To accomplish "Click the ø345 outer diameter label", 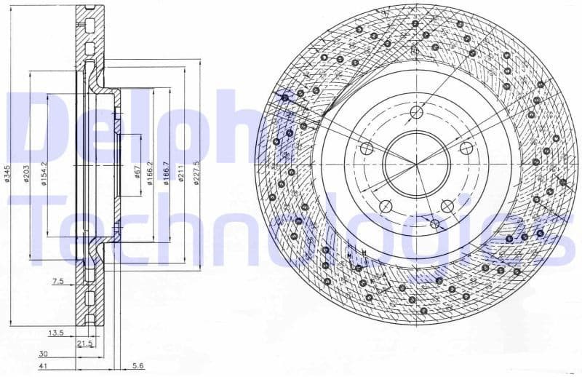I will point(9,177).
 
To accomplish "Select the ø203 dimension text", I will point(27,175).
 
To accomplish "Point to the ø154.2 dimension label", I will point(45,173).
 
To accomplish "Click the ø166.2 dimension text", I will point(150,173).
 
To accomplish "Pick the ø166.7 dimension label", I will point(167,173).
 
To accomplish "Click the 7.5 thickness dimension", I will point(58,280).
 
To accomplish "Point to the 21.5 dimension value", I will point(85,342).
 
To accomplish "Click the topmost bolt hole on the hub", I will point(415,112).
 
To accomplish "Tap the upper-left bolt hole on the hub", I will point(368,148).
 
